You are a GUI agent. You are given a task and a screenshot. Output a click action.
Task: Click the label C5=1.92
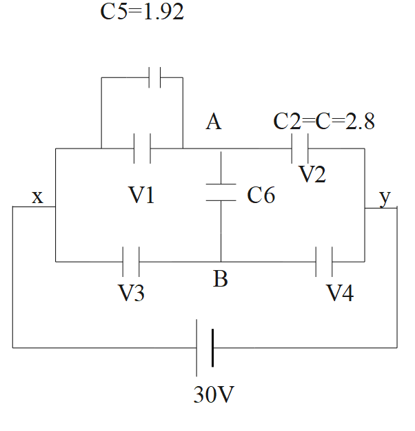[x=142, y=13]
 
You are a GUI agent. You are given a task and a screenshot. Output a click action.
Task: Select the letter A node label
[x=214, y=122]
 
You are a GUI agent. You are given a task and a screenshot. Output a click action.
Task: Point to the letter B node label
[x=221, y=280]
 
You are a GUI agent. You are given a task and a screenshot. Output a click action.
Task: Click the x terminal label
[x=38, y=198]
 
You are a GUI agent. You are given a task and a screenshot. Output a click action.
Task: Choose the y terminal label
[x=385, y=198]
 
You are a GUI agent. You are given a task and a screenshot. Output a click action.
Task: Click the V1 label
[x=142, y=195]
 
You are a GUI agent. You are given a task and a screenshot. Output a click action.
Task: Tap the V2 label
[x=312, y=173]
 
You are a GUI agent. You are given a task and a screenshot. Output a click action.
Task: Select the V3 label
[x=131, y=294]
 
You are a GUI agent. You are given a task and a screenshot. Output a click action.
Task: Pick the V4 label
[x=340, y=294]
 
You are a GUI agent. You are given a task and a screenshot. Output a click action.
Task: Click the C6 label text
[x=261, y=196]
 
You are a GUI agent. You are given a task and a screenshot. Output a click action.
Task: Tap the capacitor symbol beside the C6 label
[x=221, y=193]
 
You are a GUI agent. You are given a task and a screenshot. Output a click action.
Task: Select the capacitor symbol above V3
[x=131, y=262]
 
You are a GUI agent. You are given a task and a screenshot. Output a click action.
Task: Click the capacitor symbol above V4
[x=324, y=262]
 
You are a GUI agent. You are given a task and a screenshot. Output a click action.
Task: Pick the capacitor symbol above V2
[x=301, y=148]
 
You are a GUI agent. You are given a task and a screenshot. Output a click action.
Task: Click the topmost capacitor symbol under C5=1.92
[x=154, y=77]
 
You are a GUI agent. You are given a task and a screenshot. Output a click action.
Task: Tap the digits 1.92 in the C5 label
[x=161, y=13]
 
